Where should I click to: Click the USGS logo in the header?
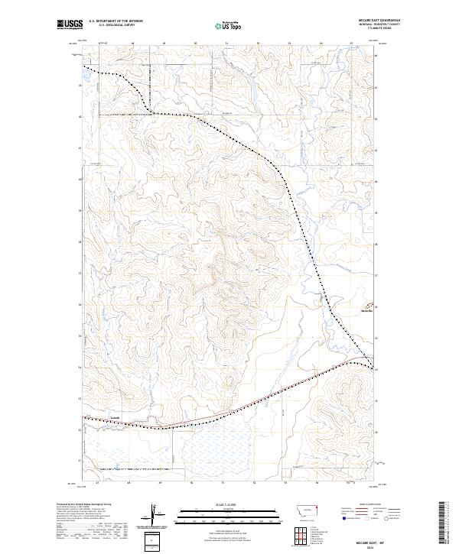pos(70,24)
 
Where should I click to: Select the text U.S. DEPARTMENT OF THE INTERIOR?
pos(116,21)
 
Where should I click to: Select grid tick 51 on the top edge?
pos(227,44)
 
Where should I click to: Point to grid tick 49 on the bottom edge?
pos(160,483)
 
